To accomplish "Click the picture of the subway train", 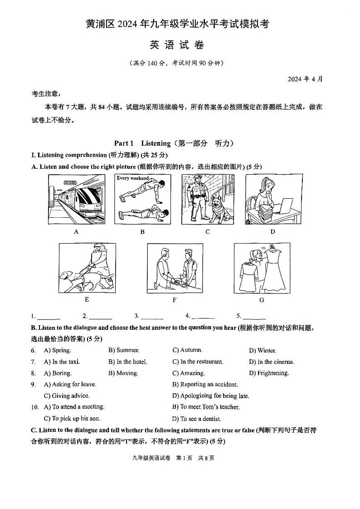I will (x=76, y=200).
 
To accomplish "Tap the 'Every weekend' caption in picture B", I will (x=132, y=178).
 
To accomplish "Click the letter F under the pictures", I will (x=174, y=300).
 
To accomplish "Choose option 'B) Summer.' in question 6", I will (x=124, y=350).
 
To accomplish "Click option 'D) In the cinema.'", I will (x=271, y=362).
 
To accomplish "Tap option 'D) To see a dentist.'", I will (x=197, y=419).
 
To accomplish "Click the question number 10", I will (x=35, y=407).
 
